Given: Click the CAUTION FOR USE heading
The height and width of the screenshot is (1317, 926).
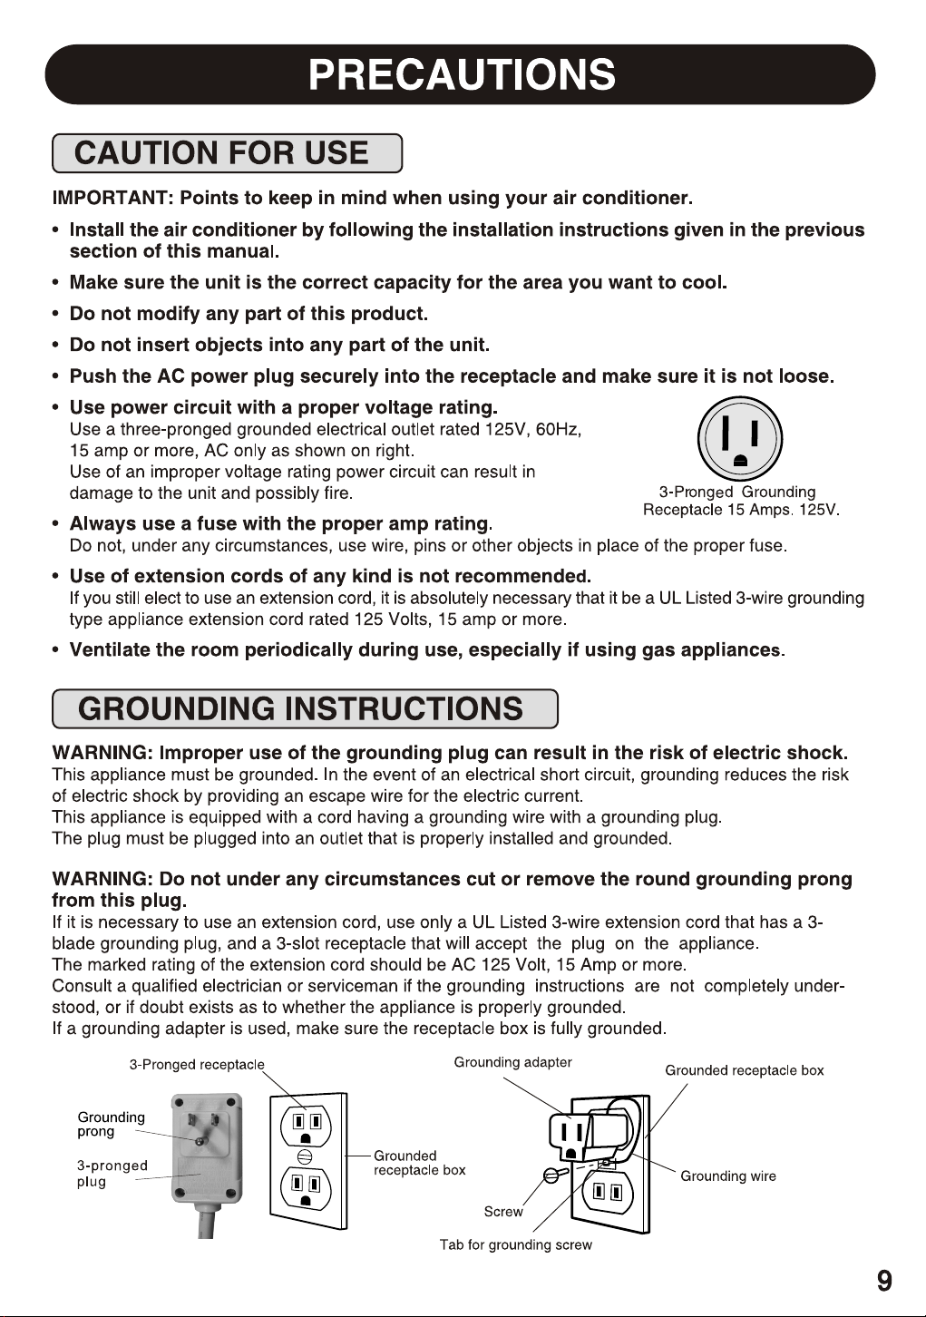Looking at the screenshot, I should [221, 153].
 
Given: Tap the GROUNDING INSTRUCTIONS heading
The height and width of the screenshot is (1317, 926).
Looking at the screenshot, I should [300, 708].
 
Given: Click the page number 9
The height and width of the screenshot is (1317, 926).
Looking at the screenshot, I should [884, 1281].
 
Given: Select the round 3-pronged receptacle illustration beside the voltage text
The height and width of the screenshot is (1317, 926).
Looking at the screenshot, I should [739, 439].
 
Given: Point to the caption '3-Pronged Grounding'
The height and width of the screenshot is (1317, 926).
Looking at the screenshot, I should [736, 492].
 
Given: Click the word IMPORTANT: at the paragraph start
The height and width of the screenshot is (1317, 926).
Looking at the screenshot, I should [112, 198].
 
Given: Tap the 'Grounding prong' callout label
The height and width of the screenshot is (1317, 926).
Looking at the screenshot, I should [111, 1124].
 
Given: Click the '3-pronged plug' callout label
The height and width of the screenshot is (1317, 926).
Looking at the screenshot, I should [111, 1173].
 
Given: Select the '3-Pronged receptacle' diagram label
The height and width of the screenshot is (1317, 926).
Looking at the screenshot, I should [197, 1064].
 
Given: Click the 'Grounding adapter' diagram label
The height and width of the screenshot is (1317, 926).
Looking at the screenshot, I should [512, 1062].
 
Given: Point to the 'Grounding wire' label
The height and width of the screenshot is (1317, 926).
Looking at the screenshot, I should [728, 1176].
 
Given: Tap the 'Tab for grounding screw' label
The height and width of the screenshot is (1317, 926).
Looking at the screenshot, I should [515, 1244].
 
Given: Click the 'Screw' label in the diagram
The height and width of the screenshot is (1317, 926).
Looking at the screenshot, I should [503, 1212].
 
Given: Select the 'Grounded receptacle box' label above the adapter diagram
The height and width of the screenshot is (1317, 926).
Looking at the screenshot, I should [744, 1070].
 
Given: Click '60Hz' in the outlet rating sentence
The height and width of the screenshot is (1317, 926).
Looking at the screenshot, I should [558, 429].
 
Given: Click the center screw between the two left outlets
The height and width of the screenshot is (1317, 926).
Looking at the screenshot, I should [306, 1156].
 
